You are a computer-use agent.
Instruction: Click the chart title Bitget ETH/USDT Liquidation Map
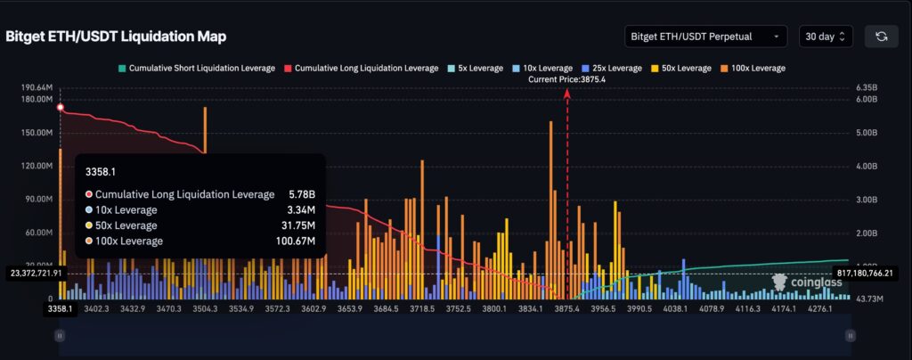(116, 37)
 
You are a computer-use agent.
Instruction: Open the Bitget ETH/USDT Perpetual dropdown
(706, 37)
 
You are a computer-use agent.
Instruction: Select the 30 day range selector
(827, 37)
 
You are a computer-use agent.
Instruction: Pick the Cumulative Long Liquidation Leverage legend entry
(361, 68)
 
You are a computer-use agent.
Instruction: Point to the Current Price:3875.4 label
(566, 79)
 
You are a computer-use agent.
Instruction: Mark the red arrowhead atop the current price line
(567, 92)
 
